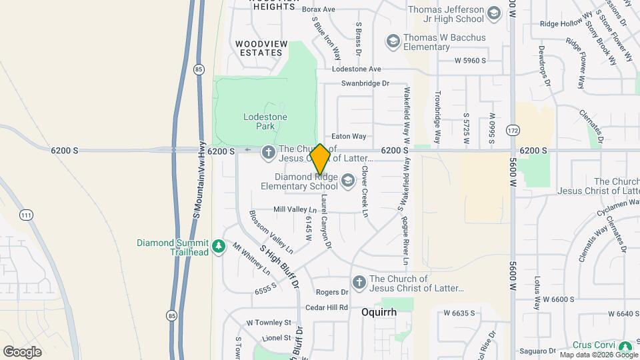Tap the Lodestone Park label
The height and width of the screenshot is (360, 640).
tap(265, 121)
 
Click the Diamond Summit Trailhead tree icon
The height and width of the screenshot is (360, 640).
tap(219, 247)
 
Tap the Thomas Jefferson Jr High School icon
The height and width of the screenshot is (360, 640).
tap(493, 13)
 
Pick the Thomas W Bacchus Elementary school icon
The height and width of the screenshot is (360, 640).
tap(393, 42)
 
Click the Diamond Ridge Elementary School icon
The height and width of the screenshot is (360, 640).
tap(347, 181)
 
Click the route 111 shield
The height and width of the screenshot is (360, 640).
tap(26, 215)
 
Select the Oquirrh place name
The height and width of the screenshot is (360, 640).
tap(379, 312)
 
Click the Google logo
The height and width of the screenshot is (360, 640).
tap(22, 351)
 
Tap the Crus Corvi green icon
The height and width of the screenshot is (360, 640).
tap(625, 347)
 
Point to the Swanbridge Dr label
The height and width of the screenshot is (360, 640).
tap(365, 83)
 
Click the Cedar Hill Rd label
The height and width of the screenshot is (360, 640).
tap(327, 307)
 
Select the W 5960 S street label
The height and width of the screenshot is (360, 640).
tap(470, 61)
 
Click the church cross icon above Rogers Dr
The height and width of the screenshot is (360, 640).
tap(359, 283)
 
